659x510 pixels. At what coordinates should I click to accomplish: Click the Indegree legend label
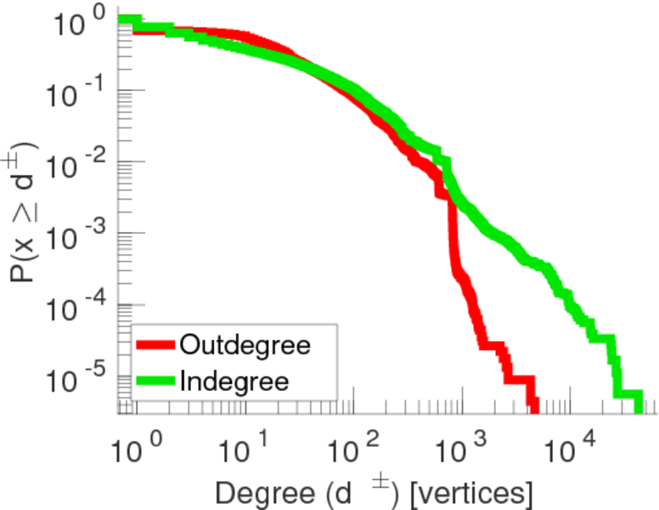[x=234, y=381]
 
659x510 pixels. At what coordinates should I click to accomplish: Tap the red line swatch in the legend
[x=155, y=345]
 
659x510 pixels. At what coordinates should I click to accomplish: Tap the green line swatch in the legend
[x=155, y=381]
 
